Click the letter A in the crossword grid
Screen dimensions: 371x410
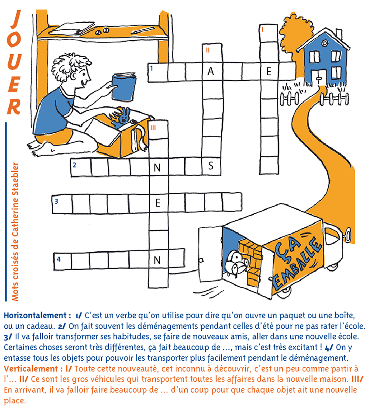coord(210,71)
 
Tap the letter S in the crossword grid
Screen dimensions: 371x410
coord(211,166)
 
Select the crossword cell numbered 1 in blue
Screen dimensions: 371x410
coord(158,72)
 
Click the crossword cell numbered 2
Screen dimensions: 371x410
coord(81,167)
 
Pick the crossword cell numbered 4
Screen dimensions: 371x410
coord(62,261)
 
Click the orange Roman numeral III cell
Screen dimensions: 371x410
coord(158,129)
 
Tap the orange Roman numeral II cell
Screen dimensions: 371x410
coord(212,53)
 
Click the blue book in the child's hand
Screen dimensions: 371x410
coord(124,87)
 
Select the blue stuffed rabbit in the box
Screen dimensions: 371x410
coord(121,118)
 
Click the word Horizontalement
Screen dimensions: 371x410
coord(35,316)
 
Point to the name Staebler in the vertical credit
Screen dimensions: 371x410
coord(15,179)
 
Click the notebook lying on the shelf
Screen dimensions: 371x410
coord(72,28)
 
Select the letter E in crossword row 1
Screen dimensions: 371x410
coord(269,71)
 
